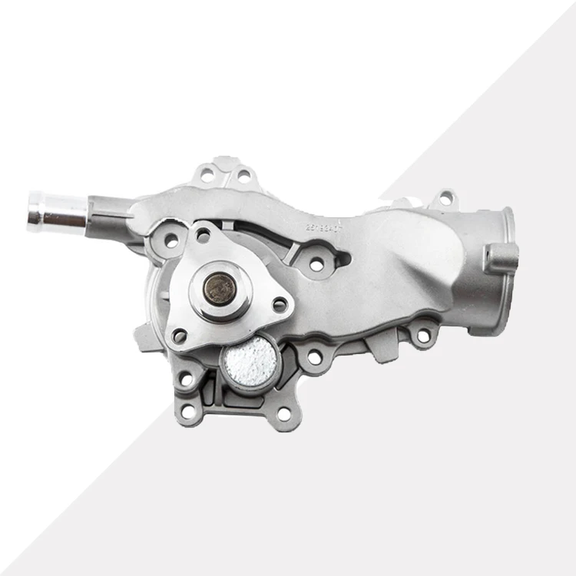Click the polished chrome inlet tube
(x=58, y=211)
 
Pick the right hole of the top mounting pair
(x=243, y=177)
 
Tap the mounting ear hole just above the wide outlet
(x=442, y=201)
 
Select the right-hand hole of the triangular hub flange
(x=280, y=305)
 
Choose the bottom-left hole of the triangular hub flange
(x=180, y=336)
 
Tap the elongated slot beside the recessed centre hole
(x=338, y=260)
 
